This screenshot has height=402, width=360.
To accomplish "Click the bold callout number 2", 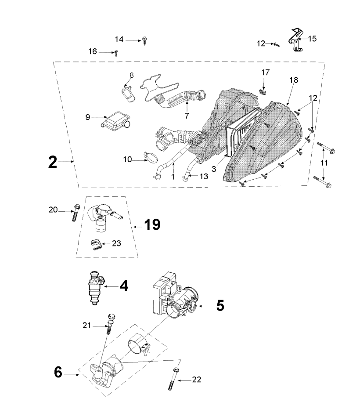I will coord(52,162).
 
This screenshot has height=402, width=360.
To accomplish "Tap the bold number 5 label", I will coord(220,305).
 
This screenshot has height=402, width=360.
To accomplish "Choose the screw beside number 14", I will coord(145,41).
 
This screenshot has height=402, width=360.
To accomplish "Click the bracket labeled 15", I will coord(296,40).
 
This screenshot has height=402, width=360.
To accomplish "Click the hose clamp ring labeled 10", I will coord(151,156).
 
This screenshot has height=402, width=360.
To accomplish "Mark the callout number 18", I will coord(294,80).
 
